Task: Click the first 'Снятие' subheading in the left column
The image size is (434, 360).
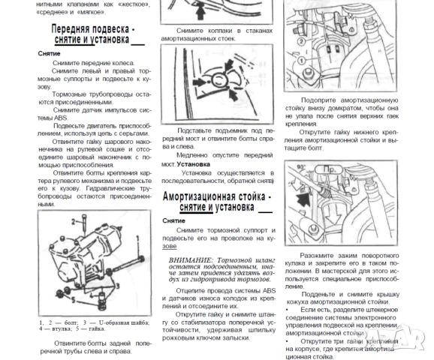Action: [x=50, y=54]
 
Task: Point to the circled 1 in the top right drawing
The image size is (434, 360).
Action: [x=300, y=60]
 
